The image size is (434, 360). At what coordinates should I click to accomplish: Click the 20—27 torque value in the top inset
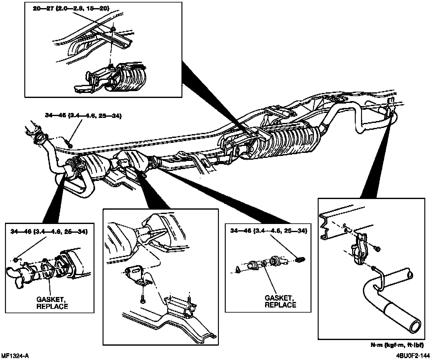point(71,9)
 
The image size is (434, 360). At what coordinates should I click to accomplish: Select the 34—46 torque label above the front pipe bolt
point(83,115)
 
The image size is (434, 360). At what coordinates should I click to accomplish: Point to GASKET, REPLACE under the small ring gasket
point(280,301)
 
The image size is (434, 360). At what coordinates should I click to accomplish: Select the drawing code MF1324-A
point(16,356)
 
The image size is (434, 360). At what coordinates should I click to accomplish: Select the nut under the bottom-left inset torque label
point(17,259)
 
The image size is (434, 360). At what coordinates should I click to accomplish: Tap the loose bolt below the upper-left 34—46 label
point(70,145)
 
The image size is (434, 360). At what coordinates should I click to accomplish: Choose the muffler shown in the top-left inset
point(125,80)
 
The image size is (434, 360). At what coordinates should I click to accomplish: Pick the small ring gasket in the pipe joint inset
point(264,265)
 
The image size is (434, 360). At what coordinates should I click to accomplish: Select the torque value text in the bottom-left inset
point(49,231)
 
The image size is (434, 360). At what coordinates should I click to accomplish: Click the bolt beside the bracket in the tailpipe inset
point(377,248)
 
